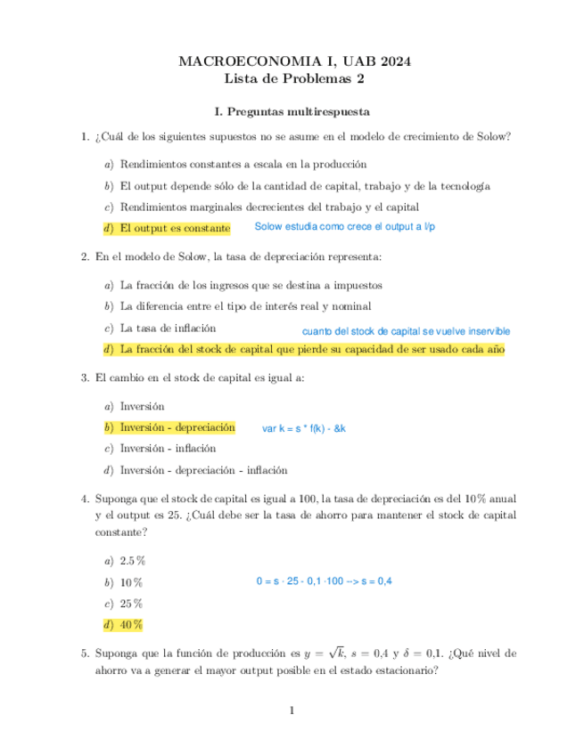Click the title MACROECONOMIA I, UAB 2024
[x=292, y=61]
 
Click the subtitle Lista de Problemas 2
[x=292, y=78]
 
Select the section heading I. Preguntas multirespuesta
[x=292, y=112]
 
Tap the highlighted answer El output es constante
[x=175, y=229]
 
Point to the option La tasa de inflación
[x=168, y=327]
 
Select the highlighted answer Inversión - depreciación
[x=177, y=427]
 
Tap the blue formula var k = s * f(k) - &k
[x=304, y=428]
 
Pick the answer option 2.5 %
[x=132, y=561]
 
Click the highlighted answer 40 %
[x=130, y=624]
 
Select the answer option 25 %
[x=130, y=603]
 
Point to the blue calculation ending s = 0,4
[x=324, y=581]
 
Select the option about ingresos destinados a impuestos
[x=251, y=285]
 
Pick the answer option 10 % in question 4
[x=130, y=582]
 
